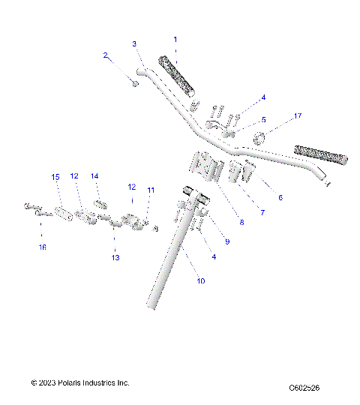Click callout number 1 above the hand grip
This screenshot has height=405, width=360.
point(175,39)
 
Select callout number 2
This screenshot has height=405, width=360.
point(106,55)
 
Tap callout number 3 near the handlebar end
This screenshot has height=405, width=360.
point(134,44)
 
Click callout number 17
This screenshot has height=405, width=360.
point(298,116)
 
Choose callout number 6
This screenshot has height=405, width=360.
point(280,198)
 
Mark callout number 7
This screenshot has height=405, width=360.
point(262,213)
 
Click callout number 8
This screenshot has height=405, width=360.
point(241,221)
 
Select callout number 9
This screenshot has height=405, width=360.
point(226,241)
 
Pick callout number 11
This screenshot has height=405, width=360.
point(151,190)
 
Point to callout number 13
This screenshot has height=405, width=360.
point(115,257)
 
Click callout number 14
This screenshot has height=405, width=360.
point(94,176)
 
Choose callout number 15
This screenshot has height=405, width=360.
point(55,177)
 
